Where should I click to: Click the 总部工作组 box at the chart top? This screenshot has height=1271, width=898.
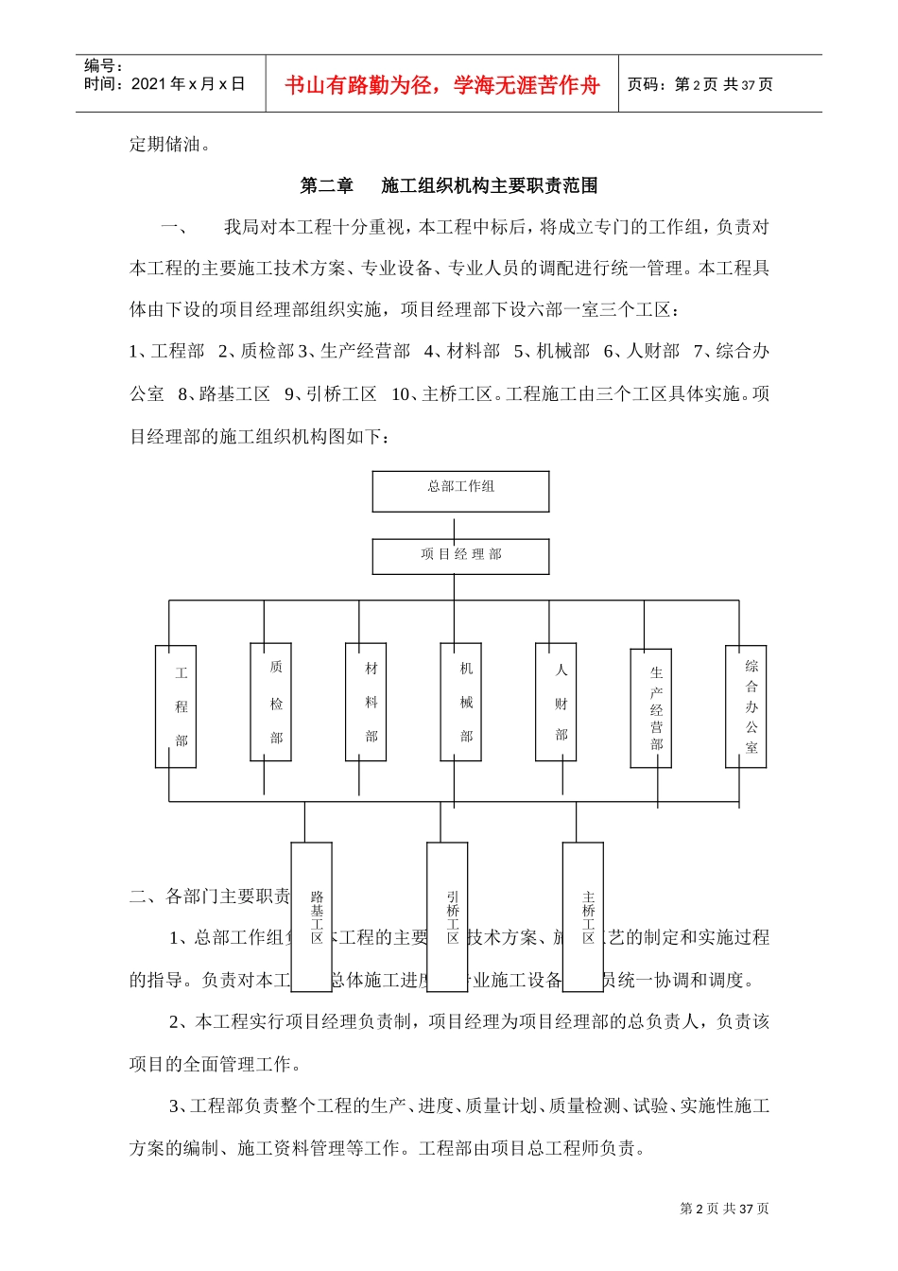point(460,492)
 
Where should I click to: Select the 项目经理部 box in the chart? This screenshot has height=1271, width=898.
point(460,556)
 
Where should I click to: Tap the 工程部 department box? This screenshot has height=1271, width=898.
point(176,706)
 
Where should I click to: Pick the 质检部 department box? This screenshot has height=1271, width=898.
point(270,702)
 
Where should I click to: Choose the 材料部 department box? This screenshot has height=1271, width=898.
point(366,702)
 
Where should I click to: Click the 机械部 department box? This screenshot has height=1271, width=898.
point(460,702)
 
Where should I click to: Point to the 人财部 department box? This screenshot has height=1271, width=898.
point(556,702)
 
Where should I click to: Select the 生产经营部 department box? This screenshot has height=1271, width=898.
point(651,708)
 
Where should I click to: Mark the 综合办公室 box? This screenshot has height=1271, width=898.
point(746,706)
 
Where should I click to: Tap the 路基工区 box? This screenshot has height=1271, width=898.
point(311,916)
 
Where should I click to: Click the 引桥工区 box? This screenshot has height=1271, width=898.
point(447,916)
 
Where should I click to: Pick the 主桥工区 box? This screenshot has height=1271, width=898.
point(583,916)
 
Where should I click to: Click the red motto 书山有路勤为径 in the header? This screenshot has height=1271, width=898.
point(441,85)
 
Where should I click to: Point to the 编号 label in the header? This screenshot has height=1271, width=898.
point(103,65)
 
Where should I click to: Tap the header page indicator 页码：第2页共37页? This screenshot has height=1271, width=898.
point(699,85)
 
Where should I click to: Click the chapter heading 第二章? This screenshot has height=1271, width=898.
point(326,186)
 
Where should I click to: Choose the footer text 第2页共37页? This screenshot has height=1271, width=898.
point(724,1209)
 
